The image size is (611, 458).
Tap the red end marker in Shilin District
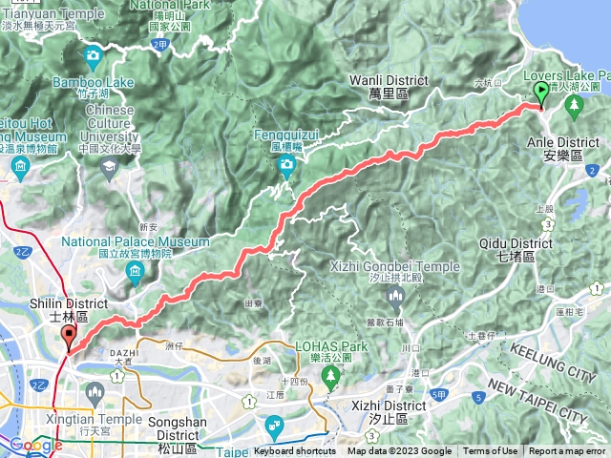click(69, 335)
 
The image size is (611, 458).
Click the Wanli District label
click(389, 87)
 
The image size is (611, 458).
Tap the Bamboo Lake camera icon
click(93, 56)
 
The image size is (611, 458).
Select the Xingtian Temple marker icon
click(95, 391)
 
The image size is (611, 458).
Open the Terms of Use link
click(491, 451)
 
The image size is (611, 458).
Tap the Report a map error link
click(567, 451)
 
